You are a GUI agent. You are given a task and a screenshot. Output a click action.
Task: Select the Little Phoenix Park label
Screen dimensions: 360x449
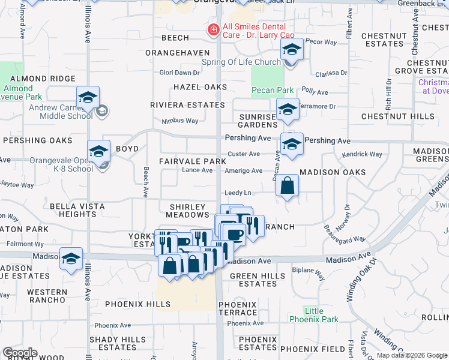pyautogui.click(x=313, y=316)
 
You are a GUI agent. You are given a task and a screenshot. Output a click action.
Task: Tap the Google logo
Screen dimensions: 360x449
pyautogui.click(x=19, y=353)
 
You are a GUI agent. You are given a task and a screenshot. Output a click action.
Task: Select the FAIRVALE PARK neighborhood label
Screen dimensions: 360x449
pyautogui.click(x=193, y=161)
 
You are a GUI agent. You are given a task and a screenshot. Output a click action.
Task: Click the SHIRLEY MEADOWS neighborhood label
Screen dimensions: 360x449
pyautogui.click(x=188, y=211)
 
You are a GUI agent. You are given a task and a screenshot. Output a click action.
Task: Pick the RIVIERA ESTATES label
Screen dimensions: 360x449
pyautogui.click(x=187, y=105)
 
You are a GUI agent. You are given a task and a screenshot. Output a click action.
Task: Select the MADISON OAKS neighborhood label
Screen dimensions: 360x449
pyautogui.click(x=333, y=172)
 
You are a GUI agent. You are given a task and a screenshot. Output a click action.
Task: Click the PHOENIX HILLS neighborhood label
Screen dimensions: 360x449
pyautogui.click(x=138, y=304)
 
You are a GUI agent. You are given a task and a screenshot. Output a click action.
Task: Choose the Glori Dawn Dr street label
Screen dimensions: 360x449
pyautogui.click(x=178, y=73)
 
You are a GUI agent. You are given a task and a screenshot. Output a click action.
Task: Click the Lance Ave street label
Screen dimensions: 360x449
pyautogui.click(x=197, y=170)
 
